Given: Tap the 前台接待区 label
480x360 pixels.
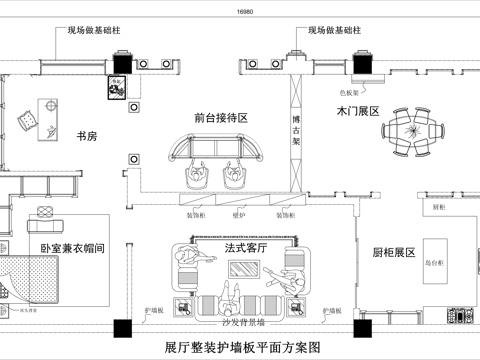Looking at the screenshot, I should [x=221, y=118].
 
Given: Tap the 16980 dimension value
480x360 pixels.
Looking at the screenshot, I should [x=245, y=11].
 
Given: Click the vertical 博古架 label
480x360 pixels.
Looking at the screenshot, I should [x=295, y=130].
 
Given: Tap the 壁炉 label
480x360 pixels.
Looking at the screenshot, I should [x=239, y=214].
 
